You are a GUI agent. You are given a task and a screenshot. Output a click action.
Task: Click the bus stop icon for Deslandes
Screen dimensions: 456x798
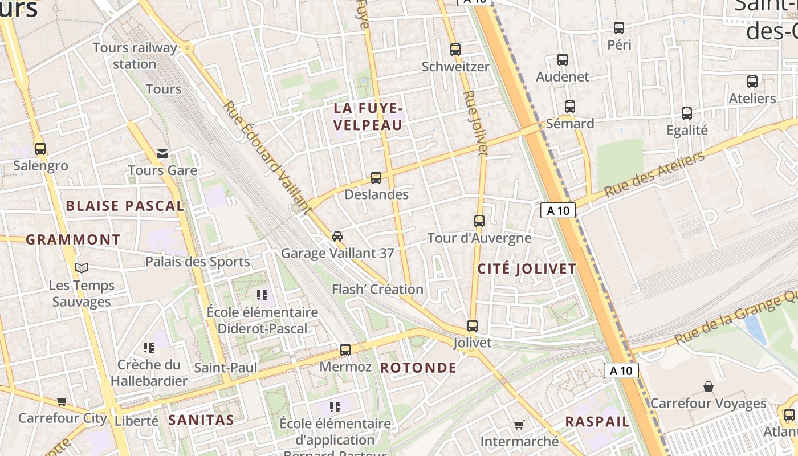point(376,178)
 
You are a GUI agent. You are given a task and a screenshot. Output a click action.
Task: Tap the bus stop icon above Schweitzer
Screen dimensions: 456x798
point(455,50)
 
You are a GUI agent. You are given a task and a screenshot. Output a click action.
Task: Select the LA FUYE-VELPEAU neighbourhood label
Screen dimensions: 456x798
point(368,117)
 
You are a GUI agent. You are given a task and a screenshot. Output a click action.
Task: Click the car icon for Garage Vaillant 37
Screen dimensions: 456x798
point(337,237)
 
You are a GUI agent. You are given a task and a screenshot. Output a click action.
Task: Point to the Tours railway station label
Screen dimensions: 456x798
point(135,56)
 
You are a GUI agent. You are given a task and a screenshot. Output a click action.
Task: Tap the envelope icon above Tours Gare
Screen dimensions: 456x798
point(163,153)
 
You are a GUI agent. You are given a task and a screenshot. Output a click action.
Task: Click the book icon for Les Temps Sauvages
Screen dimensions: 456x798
point(82,268)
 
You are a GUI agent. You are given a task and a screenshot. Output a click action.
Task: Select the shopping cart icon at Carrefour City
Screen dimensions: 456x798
point(62,401)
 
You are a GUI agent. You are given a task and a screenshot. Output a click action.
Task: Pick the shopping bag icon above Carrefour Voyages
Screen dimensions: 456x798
point(708,386)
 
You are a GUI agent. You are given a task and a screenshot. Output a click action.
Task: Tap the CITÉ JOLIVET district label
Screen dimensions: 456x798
point(527,269)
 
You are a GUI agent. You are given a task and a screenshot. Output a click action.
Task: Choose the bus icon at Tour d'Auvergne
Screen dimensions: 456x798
point(479,221)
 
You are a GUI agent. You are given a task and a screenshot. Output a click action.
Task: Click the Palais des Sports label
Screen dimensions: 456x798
point(197,262)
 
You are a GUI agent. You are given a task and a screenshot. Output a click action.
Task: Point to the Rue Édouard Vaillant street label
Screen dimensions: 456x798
point(267,158)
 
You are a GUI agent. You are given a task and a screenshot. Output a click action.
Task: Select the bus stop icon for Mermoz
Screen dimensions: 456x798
point(345,350)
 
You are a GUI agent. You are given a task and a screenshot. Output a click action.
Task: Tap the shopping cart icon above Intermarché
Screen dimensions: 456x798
point(519,425)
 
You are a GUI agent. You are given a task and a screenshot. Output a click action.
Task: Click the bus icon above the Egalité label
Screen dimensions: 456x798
point(687,113)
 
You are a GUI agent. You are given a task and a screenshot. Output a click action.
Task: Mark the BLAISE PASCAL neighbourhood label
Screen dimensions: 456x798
point(125,206)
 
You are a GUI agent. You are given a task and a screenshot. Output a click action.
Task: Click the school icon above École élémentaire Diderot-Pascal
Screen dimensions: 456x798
point(262,295)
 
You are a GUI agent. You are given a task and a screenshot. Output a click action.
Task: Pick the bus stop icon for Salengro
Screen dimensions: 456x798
point(40,149)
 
